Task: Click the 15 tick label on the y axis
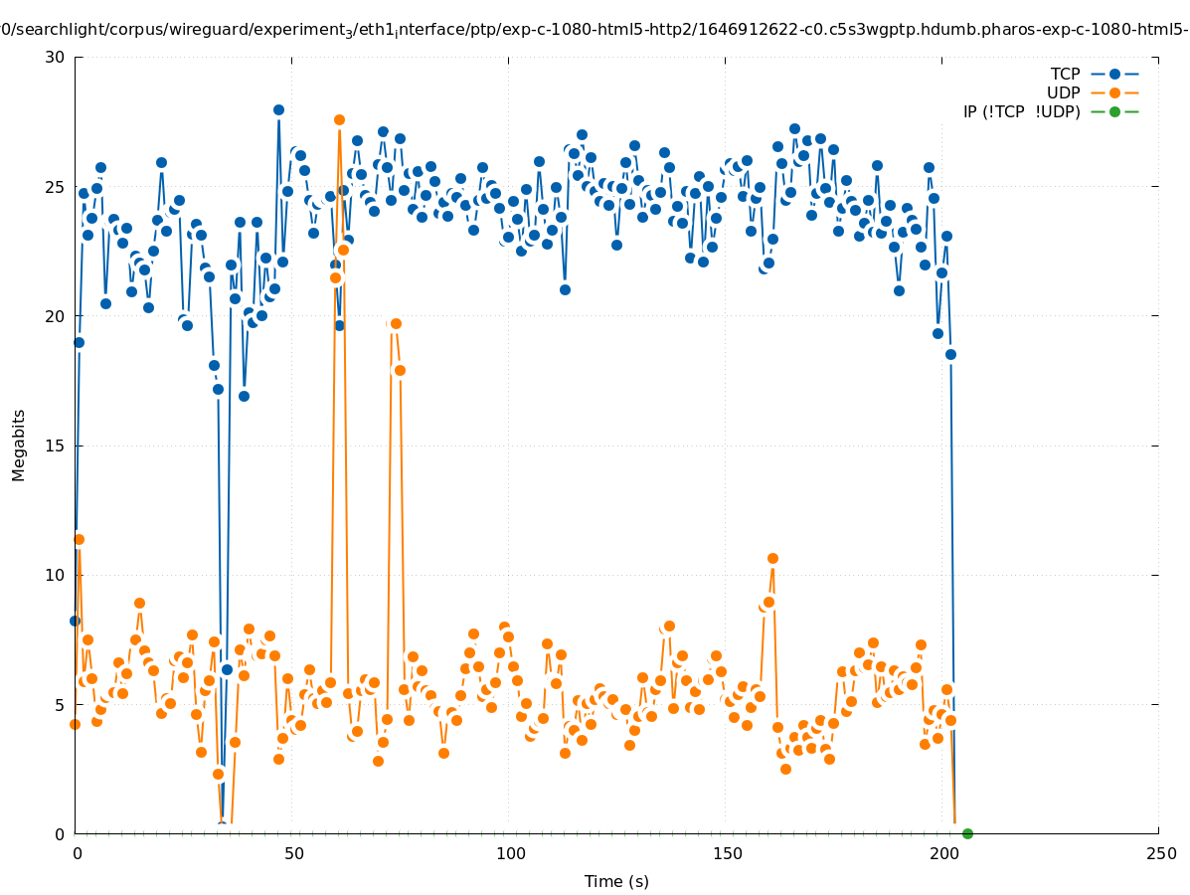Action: pos(55,447)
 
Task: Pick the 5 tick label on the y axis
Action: pos(59,705)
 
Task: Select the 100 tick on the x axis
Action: pos(509,853)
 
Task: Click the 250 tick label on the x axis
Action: pos(1159,853)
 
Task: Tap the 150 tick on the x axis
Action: pos(726,853)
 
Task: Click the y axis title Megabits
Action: pos(19,445)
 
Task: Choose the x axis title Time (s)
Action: pos(616,881)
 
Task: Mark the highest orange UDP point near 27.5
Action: pos(339,119)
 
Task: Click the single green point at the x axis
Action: pos(967,833)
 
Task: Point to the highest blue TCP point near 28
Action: pos(278,109)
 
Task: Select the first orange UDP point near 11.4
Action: pos(79,539)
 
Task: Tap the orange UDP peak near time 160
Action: pos(772,558)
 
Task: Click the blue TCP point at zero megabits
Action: pos(223,827)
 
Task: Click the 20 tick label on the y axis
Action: pos(55,317)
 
